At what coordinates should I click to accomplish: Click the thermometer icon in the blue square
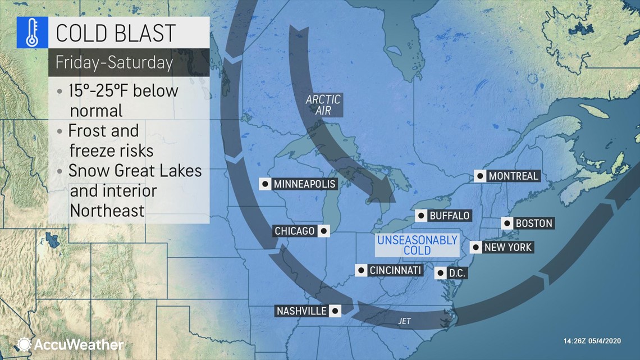coord(33,33)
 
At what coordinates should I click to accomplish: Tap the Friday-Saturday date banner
coord(115,62)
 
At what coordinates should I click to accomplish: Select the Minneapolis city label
coord(304,184)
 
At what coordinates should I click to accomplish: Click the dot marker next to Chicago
coord(323,231)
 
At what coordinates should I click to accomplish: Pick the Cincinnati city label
coord(395,271)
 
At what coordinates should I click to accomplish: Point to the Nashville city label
coord(301,311)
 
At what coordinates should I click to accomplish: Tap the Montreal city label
coord(513,176)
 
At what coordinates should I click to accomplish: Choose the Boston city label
coord(533,224)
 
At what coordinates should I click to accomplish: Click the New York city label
coord(508,247)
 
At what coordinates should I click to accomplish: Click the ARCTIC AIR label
coord(323,105)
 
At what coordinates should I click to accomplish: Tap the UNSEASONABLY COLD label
coord(417,245)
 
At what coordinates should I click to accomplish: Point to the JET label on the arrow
coord(404,321)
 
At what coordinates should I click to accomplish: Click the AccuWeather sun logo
coord(24,344)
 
